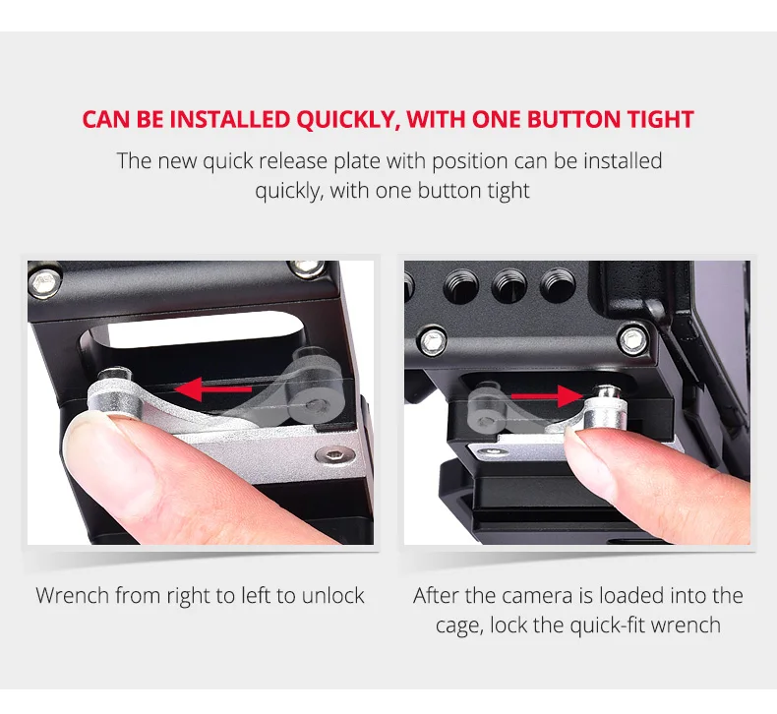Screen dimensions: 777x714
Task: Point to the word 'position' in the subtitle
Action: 470,162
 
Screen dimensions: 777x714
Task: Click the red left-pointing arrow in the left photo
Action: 213,388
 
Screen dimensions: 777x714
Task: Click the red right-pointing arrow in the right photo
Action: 547,396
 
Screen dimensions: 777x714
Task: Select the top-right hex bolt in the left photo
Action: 307,268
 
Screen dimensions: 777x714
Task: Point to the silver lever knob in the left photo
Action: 115,392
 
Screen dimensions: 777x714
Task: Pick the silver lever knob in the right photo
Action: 606,407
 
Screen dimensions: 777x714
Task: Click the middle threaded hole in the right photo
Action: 509,286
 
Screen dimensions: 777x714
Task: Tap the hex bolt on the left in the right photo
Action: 434,341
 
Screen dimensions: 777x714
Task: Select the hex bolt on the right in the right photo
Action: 633,340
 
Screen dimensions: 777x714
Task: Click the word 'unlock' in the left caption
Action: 333,596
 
